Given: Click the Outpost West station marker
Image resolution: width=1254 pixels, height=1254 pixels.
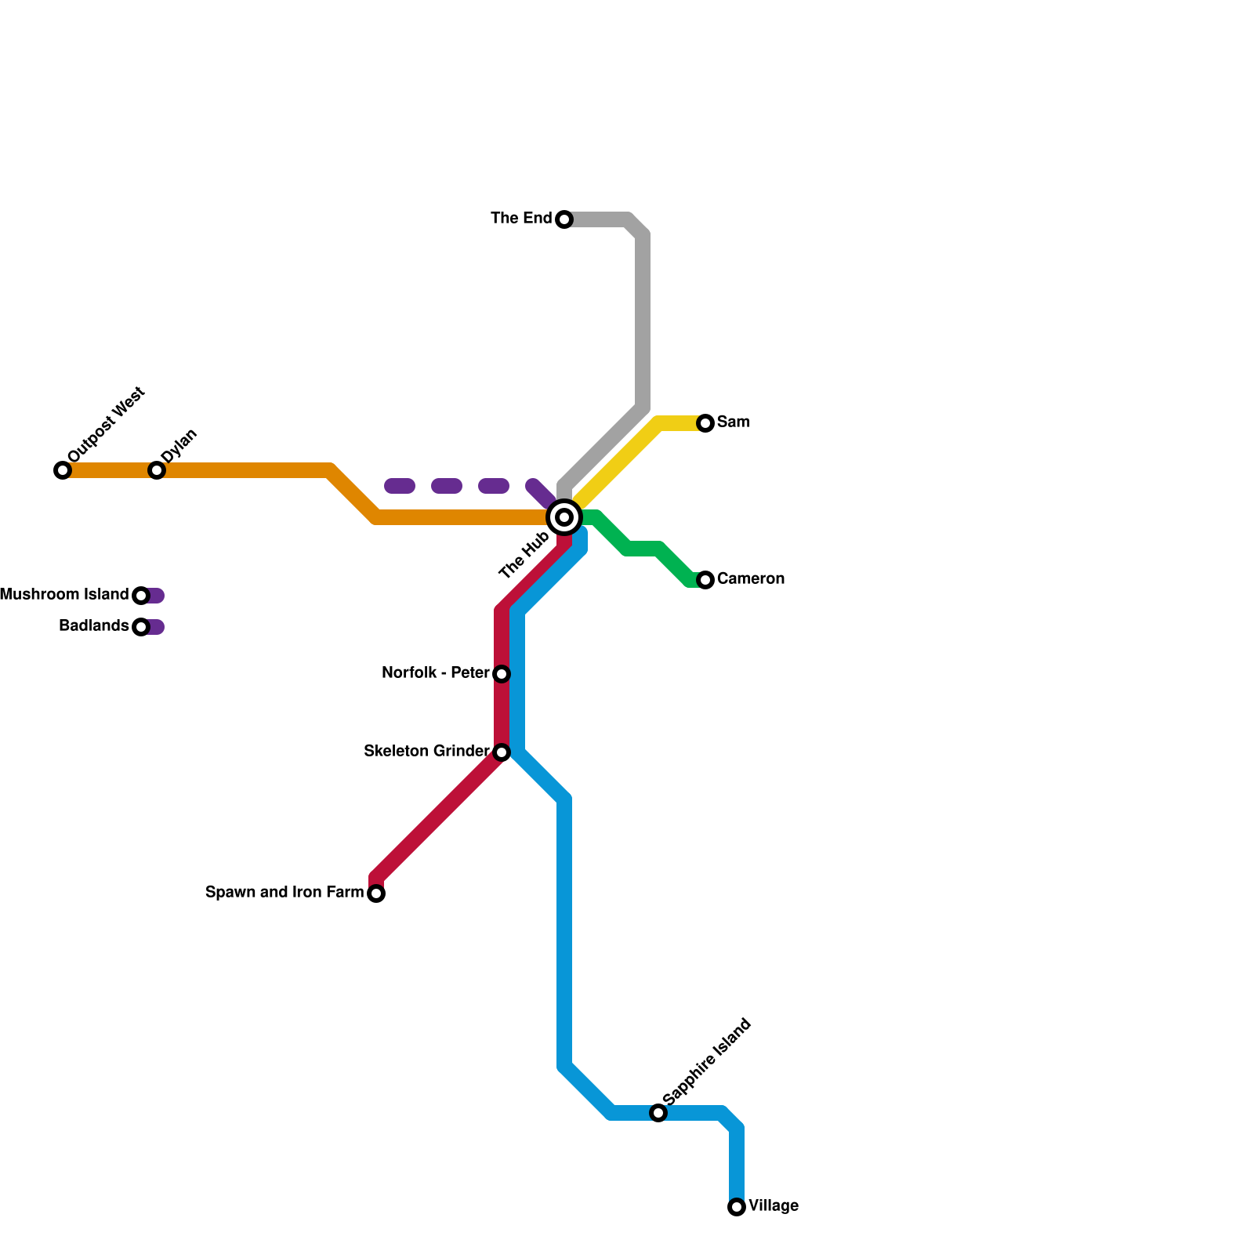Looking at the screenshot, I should click(x=63, y=470).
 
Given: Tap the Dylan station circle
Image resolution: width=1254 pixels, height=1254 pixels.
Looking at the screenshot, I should click(x=157, y=470).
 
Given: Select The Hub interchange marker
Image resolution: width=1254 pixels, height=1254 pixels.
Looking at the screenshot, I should click(x=564, y=517).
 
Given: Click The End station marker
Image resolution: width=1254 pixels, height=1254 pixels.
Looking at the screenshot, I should click(x=564, y=219).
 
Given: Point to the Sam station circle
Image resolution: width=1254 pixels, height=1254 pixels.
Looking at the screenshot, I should click(x=705, y=423).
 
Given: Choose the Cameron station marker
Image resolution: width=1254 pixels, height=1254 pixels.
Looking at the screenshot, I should click(x=705, y=580).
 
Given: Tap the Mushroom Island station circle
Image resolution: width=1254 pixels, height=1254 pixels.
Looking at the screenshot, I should click(x=141, y=596).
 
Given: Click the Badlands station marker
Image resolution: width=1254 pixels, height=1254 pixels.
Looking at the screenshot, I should click(x=141, y=627).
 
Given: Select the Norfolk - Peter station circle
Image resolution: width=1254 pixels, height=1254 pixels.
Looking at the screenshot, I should click(x=502, y=674).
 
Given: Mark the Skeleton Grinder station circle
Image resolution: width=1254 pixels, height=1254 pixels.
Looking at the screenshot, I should click(x=502, y=752).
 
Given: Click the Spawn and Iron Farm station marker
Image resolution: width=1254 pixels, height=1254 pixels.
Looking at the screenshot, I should click(x=376, y=893).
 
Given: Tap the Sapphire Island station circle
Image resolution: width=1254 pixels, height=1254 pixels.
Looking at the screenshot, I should click(x=658, y=1113).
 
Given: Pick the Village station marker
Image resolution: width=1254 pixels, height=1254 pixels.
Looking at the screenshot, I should click(x=737, y=1207).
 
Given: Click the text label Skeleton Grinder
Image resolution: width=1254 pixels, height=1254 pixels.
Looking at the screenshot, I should click(x=426, y=752).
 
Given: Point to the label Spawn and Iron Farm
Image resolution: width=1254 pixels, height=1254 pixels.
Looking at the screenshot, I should click(x=285, y=893).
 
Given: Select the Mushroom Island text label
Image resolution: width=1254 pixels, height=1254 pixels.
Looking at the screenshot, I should click(x=64, y=595).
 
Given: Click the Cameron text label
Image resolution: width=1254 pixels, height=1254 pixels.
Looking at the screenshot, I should click(x=750, y=579).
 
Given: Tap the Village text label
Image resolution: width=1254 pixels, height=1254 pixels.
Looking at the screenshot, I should click(x=774, y=1206).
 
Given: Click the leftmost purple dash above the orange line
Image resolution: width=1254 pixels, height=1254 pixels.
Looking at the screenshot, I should click(x=400, y=486).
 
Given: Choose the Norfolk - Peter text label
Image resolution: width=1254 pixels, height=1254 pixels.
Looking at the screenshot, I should click(x=435, y=673).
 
